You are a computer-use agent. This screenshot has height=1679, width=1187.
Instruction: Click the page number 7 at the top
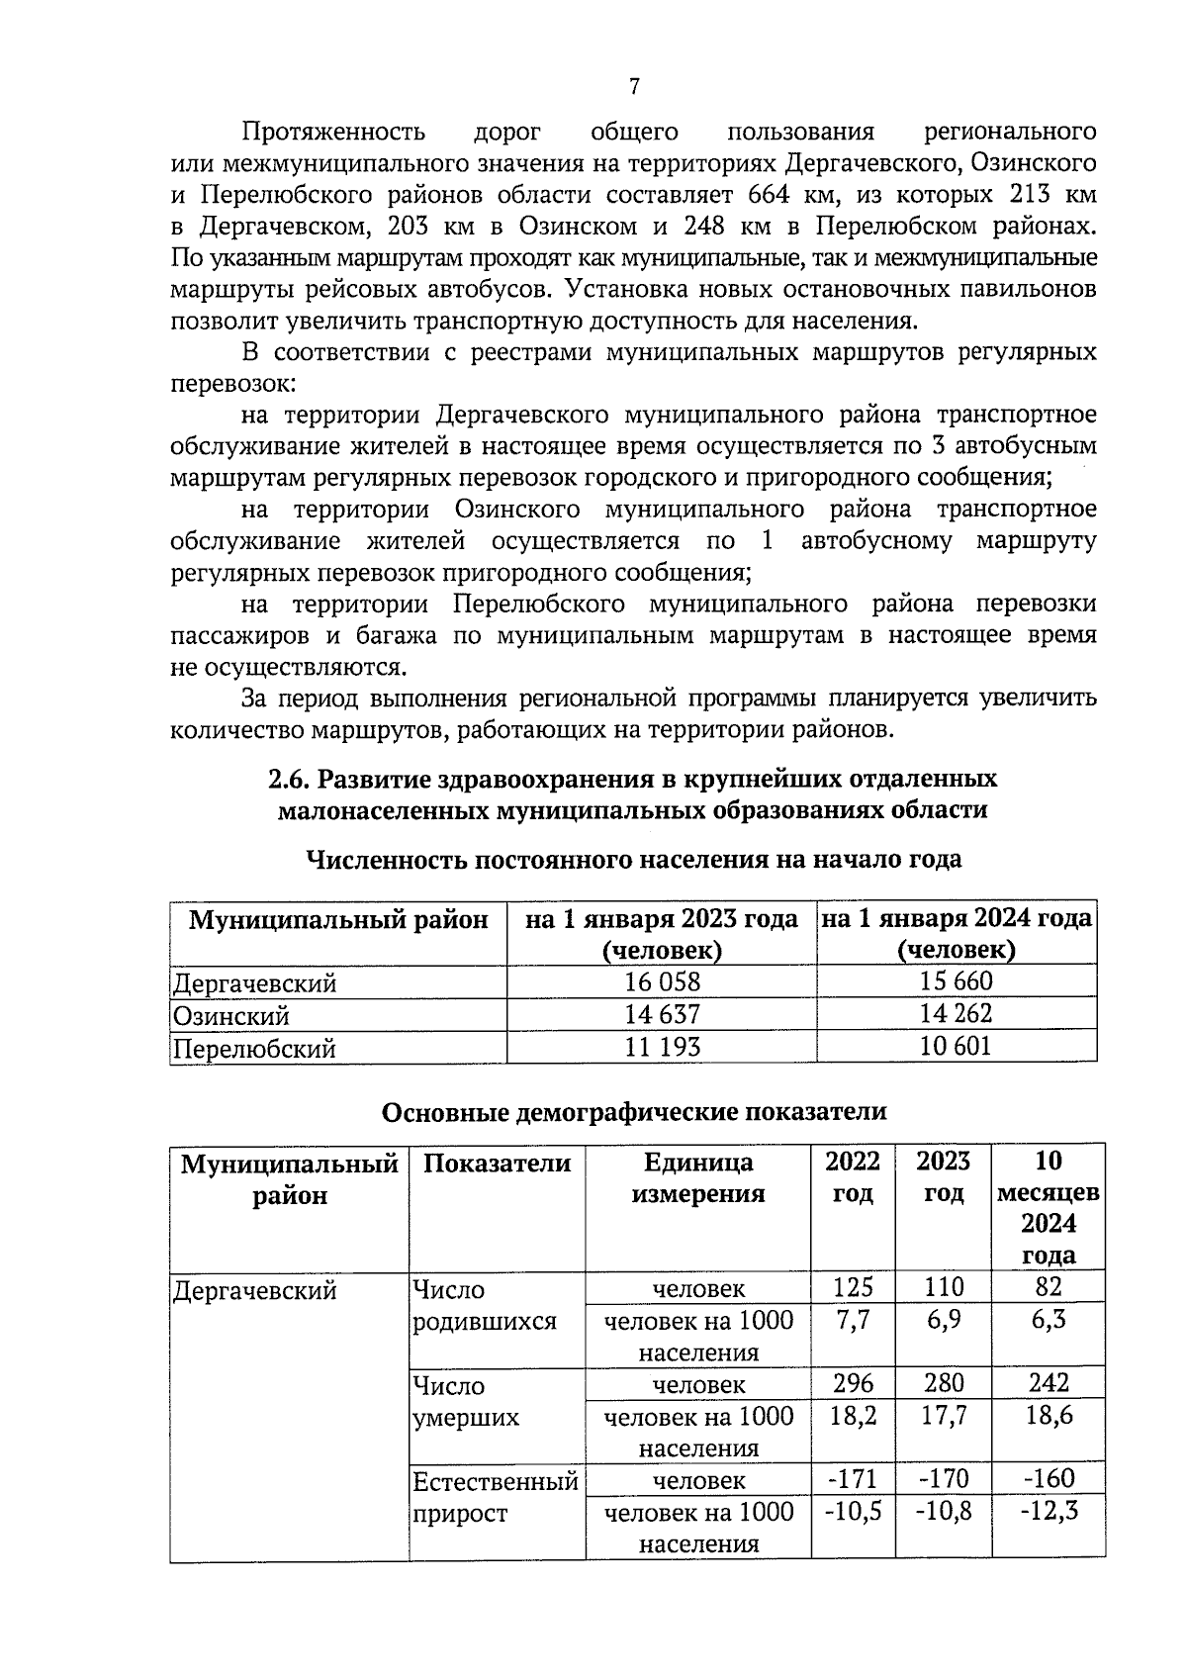click(633, 87)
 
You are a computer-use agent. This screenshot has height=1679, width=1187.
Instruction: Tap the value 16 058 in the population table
click(662, 981)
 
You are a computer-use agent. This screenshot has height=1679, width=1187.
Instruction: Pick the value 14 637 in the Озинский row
click(662, 1014)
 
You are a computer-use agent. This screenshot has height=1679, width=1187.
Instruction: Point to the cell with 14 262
click(956, 1013)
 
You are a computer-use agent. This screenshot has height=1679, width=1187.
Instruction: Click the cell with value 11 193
click(662, 1047)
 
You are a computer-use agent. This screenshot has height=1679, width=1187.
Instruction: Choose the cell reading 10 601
click(956, 1046)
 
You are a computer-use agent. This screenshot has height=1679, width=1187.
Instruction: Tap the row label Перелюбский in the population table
click(254, 1049)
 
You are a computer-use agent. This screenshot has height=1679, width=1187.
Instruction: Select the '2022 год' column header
click(853, 1177)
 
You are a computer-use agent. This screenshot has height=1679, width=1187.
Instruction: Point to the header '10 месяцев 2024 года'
click(1048, 1207)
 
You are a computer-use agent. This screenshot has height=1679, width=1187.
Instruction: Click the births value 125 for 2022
click(853, 1287)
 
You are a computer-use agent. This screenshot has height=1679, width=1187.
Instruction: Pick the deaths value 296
click(853, 1383)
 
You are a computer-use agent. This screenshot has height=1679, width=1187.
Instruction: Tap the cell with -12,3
click(1049, 1511)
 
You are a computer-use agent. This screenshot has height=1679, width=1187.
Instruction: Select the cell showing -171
click(853, 1479)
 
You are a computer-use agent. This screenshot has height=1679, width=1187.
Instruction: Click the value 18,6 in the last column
click(1049, 1415)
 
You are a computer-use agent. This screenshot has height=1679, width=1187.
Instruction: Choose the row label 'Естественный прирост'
click(495, 1497)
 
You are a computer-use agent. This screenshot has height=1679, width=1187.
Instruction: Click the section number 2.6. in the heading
click(291, 779)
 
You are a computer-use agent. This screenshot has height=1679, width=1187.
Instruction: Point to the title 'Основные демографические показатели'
click(634, 1111)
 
